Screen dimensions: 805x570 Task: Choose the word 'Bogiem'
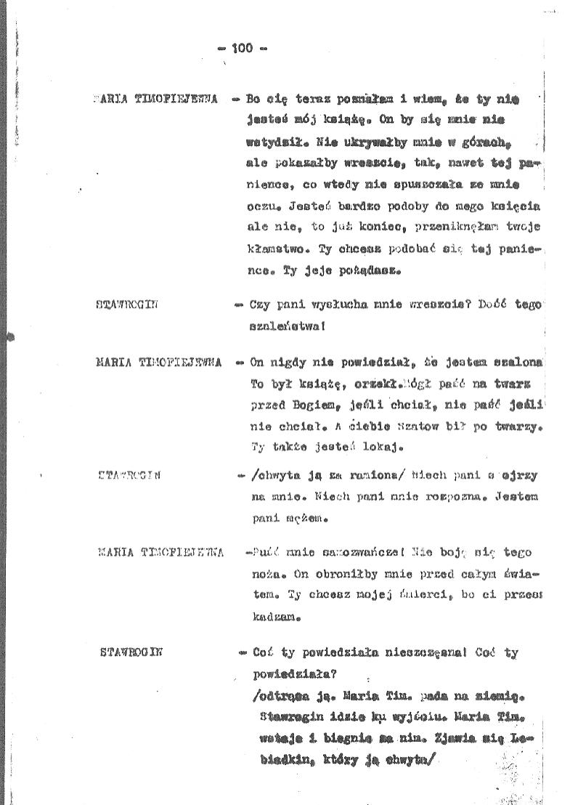pyautogui.click(x=331, y=402)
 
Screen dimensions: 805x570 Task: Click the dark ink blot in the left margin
pyautogui.click(x=9, y=336)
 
